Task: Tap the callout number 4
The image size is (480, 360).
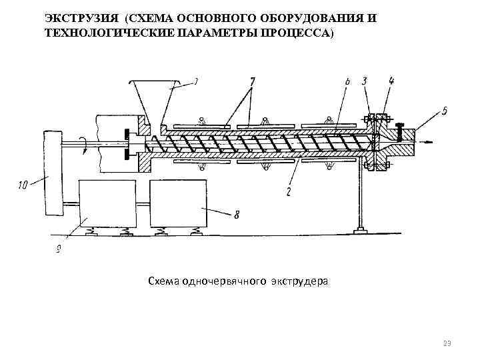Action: pyautogui.click(x=391, y=81)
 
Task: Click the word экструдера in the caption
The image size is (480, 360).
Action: pyautogui.click(x=299, y=282)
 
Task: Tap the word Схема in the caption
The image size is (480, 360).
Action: pyautogui.click(x=162, y=282)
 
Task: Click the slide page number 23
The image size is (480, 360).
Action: pyautogui.click(x=446, y=343)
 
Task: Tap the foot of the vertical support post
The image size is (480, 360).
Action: pyautogui.click(x=360, y=230)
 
